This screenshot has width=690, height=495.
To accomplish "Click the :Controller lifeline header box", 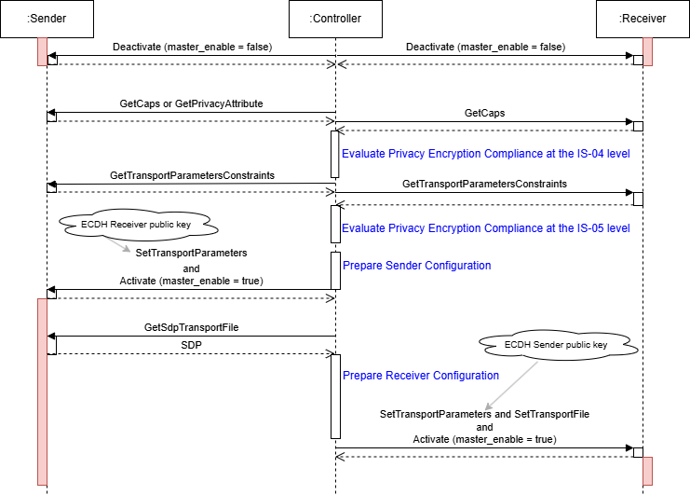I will [x=335, y=18].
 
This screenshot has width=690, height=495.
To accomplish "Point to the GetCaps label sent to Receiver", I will [x=484, y=112].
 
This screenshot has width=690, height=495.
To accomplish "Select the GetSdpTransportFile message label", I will [x=192, y=327].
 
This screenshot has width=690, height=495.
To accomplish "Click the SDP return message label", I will [x=192, y=344].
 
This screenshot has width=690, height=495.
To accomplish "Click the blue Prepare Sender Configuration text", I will [x=416, y=266].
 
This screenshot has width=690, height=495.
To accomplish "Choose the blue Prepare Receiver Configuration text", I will [x=421, y=376].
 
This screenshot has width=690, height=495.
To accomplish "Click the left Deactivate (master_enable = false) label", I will [x=192, y=46].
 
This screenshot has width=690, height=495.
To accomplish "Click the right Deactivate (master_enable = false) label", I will [x=485, y=46].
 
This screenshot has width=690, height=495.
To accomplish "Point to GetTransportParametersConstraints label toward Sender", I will [x=192, y=175].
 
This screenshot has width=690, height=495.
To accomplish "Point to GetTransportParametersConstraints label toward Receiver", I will [x=484, y=185].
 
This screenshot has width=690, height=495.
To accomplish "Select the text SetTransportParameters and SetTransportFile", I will [x=484, y=413].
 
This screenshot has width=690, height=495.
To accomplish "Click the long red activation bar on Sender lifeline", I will [x=42, y=392].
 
